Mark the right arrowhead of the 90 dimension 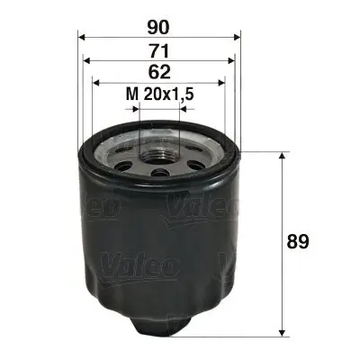237,37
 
